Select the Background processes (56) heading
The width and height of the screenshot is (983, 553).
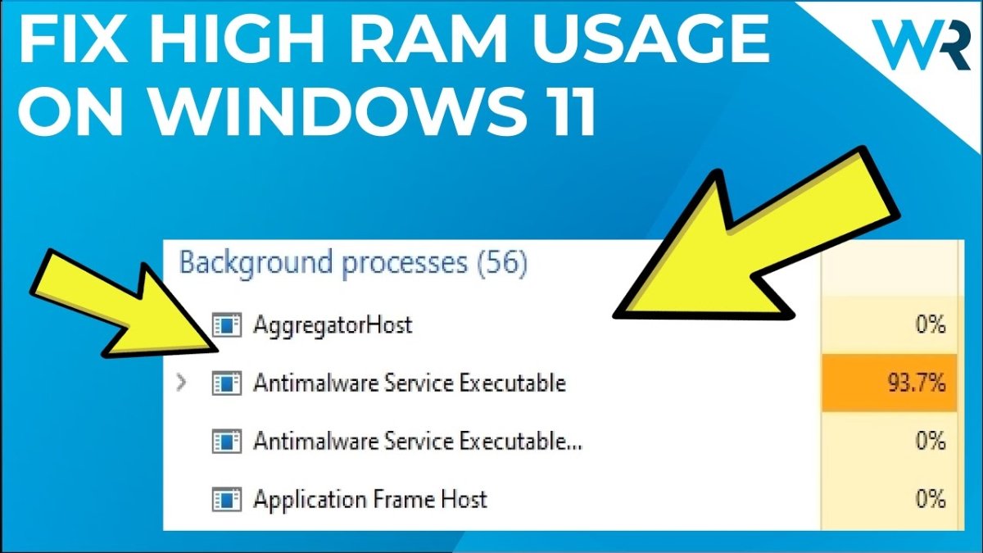[353, 263]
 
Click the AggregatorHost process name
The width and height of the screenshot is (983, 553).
[333, 325]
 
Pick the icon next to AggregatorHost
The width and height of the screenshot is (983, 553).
[226, 325]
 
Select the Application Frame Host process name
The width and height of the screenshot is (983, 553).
[370, 499]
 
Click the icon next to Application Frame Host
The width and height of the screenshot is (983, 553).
[226, 499]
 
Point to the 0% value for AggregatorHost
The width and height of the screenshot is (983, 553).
[931, 325]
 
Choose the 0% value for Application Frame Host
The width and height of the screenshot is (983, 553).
[931, 499]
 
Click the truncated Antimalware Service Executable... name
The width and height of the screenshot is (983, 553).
[418, 441]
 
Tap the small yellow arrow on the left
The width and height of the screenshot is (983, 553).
[123, 303]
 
